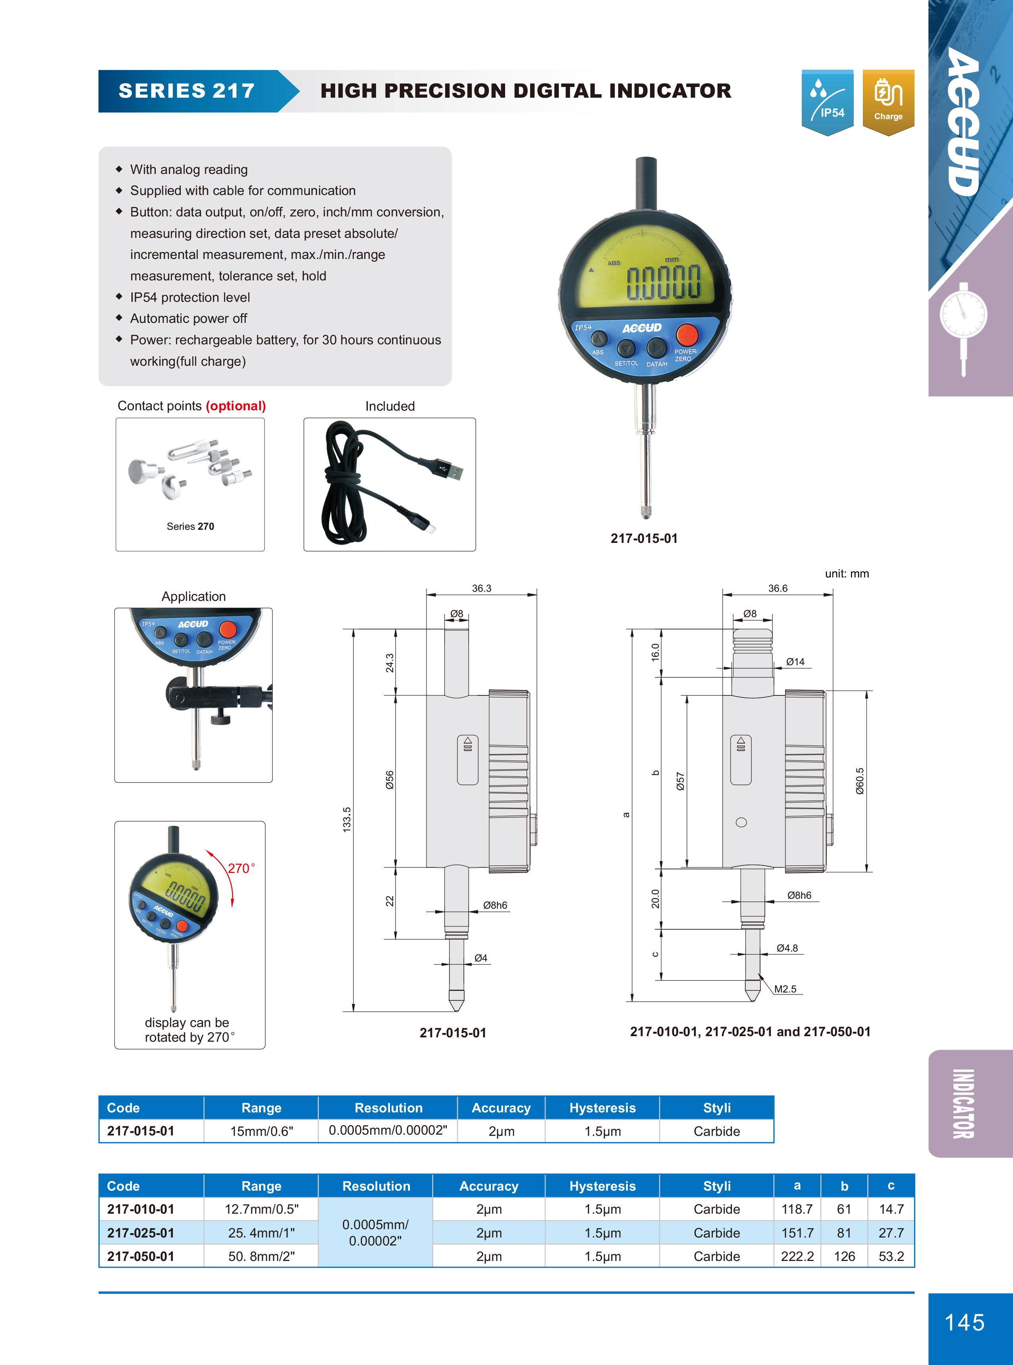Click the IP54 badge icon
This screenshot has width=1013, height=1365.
pos(827,101)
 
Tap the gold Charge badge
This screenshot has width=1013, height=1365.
pos(888,101)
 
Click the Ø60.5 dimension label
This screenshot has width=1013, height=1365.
pos(860,781)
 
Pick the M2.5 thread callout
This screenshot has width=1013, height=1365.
pos(785,989)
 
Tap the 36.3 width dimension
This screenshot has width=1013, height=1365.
pos(481,588)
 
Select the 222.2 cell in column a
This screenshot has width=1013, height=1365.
pos(797,1257)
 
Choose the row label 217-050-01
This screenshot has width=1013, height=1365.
pos(141,1257)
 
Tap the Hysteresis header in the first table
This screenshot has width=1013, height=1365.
pos(602,1108)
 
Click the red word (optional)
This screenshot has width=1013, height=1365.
pos(235,406)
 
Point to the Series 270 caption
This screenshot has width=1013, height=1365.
pos(190,526)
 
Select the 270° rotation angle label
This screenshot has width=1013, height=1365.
pos(241,868)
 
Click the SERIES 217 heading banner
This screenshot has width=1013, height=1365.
pos(186,91)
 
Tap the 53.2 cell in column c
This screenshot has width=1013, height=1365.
pos(891,1257)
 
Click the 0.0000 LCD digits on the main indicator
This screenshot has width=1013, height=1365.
pos(663,283)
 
